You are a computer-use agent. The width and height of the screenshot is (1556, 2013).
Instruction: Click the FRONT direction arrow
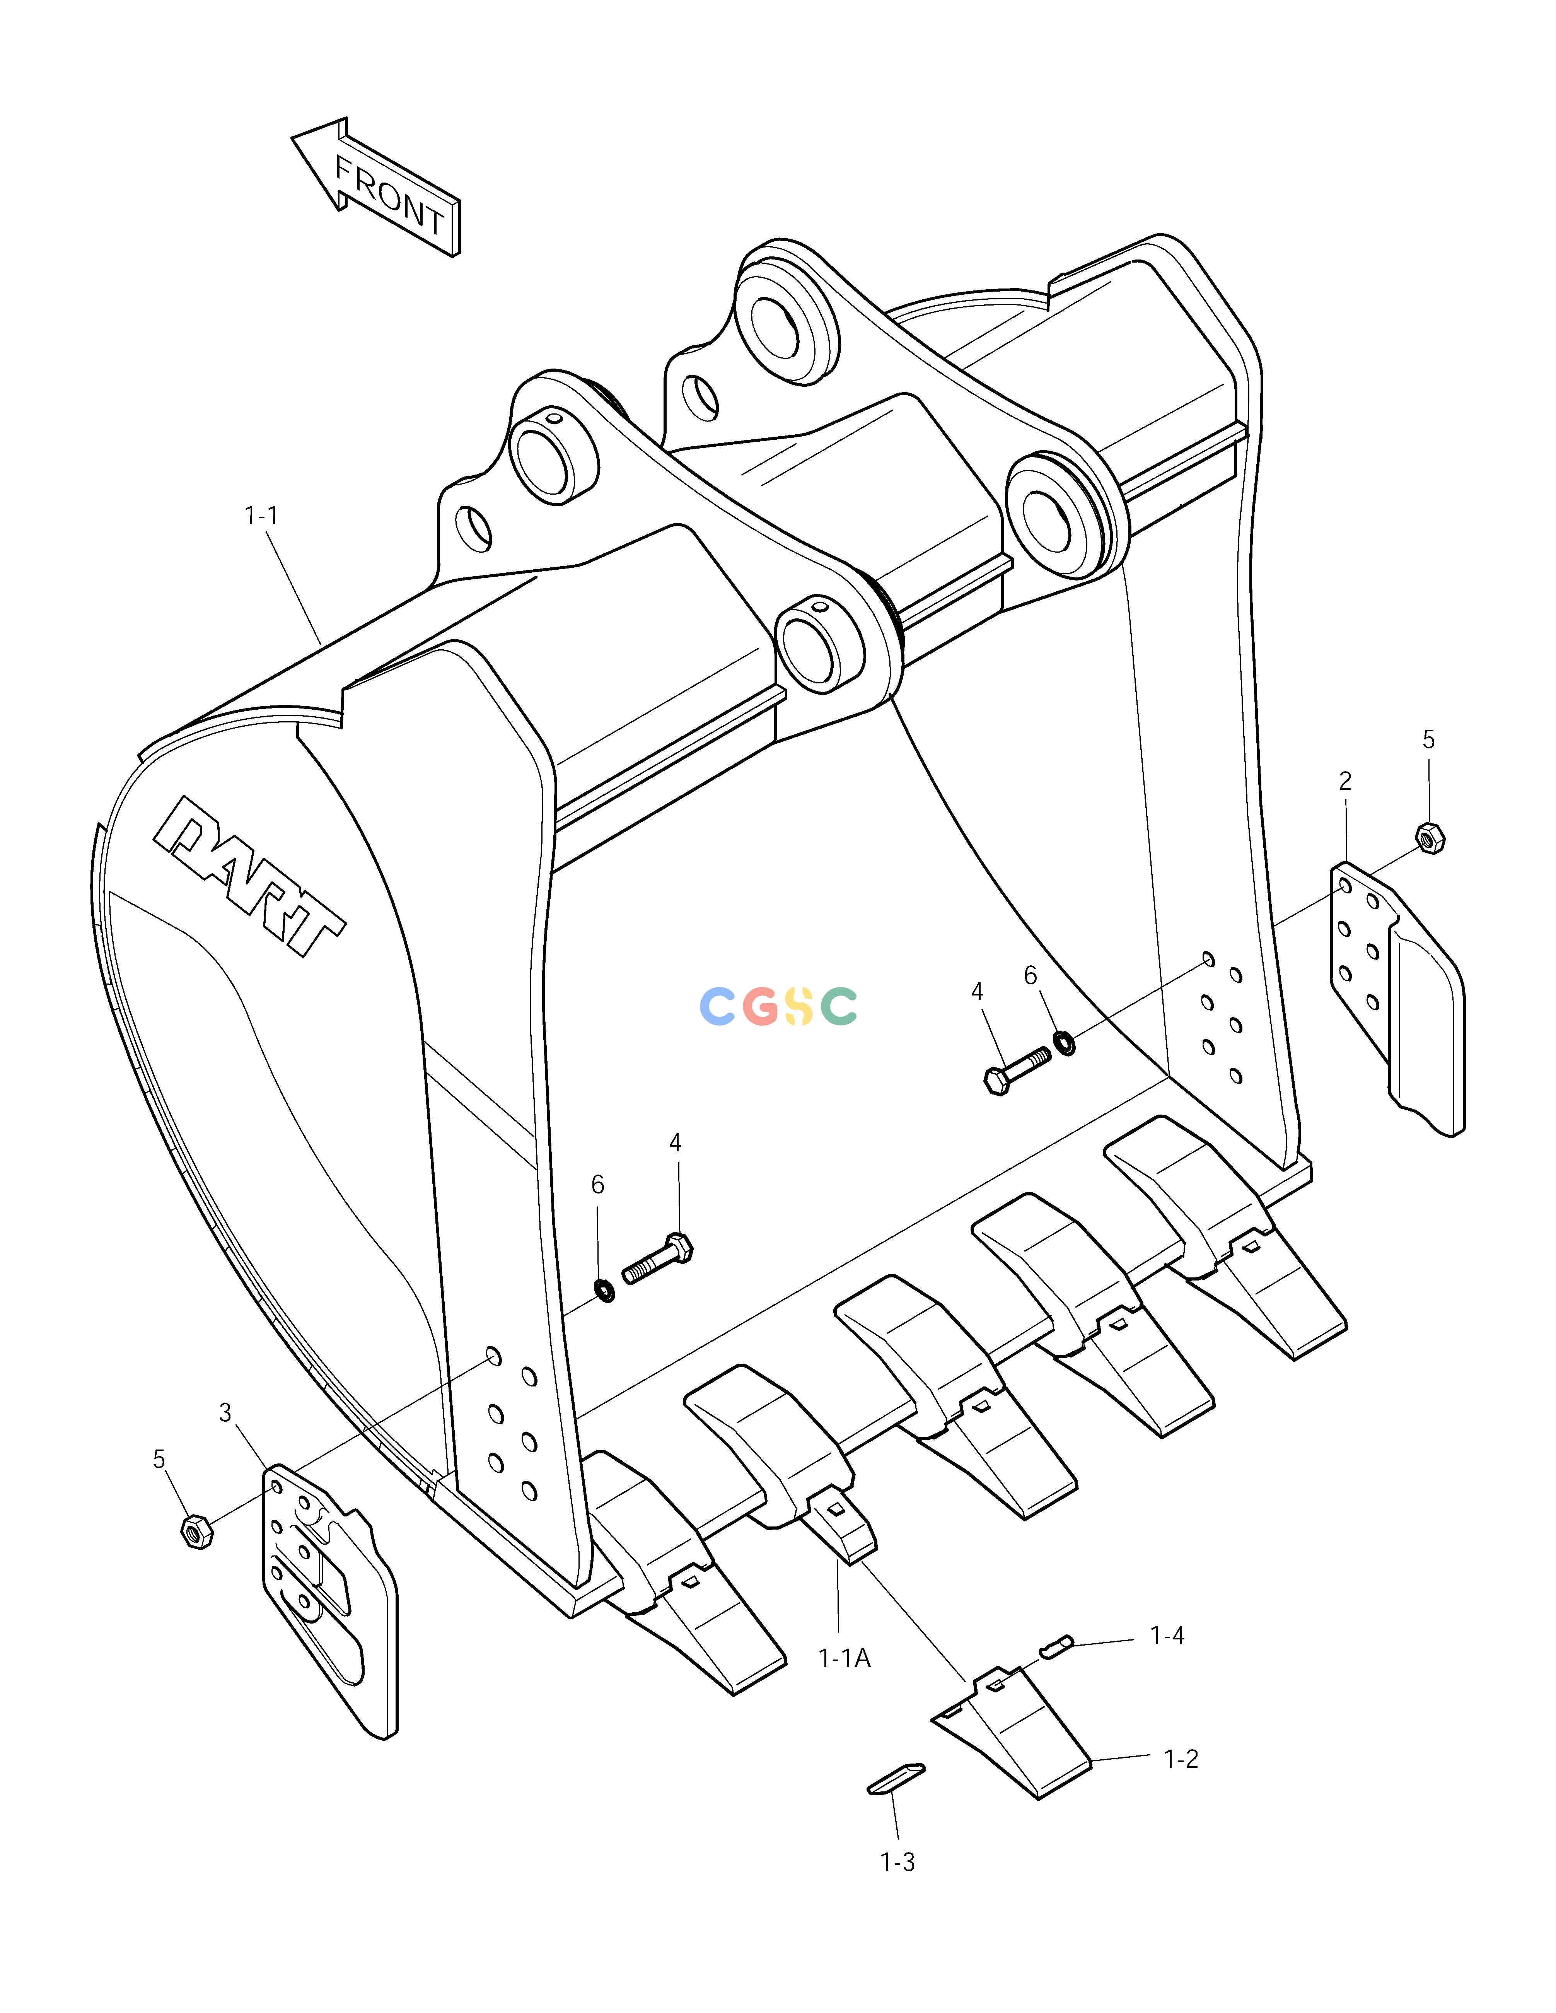[376, 187]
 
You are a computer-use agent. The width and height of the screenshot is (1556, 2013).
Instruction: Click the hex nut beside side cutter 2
[1430, 838]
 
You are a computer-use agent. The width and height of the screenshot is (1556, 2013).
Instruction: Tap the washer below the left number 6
[605, 1291]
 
